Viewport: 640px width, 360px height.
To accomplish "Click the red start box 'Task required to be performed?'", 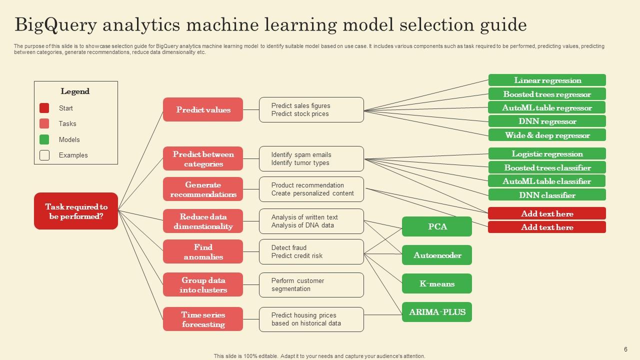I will tap(76, 211).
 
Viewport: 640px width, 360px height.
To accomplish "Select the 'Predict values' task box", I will tap(203, 109).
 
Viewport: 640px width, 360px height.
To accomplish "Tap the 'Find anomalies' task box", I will tap(203, 251).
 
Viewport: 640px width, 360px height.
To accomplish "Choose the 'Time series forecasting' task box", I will tap(203, 319).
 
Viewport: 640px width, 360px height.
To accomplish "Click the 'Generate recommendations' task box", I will tap(203, 189).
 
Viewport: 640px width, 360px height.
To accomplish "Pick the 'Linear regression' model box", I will tap(547, 80).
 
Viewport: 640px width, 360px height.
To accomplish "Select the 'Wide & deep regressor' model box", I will tap(547, 135).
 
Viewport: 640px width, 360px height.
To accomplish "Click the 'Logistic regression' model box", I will tap(547, 153).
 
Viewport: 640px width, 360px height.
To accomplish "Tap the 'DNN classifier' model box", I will tap(547, 195).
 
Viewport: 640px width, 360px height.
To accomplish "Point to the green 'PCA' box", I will tap(437, 226).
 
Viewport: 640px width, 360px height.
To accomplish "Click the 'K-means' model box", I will tap(437, 283).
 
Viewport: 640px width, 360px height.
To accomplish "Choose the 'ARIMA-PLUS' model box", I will tap(437, 312).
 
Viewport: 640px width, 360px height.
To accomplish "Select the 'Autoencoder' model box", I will tap(437, 255).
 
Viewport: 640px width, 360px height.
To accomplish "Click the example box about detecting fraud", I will tap(311, 251).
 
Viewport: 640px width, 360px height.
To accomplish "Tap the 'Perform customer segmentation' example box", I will tap(311, 284).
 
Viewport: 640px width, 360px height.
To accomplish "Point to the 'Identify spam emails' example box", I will tap(311, 158).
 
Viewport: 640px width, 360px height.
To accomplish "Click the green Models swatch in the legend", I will tap(44, 139).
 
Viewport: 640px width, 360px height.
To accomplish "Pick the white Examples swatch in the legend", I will tap(44, 155).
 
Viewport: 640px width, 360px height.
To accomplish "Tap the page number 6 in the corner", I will tap(625, 349).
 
